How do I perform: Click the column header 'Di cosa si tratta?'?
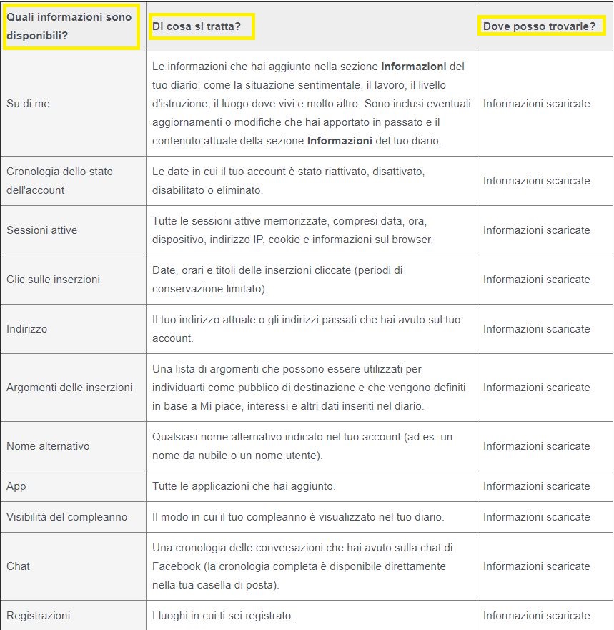(x=196, y=27)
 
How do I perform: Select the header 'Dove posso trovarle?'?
(x=539, y=26)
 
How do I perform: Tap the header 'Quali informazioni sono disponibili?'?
(x=69, y=26)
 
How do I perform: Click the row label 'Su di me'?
(x=28, y=104)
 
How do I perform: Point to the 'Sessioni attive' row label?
(x=41, y=230)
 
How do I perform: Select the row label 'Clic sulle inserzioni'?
(x=53, y=280)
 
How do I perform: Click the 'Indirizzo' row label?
(x=26, y=329)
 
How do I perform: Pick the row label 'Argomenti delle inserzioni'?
(x=69, y=388)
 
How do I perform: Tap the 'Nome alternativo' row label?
(x=48, y=446)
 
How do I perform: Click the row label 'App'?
(x=16, y=486)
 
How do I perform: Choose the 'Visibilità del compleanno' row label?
(x=66, y=517)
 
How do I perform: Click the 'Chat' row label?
(x=18, y=566)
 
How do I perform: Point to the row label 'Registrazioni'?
(x=38, y=616)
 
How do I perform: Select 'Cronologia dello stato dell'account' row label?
(x=59, y=181)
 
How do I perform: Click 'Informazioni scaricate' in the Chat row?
(x=536, y=566)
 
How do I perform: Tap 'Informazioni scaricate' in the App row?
(x=536, y=486)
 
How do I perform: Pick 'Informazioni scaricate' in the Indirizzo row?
(x=536, y=329)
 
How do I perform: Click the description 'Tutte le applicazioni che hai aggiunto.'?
(x=244, y=486)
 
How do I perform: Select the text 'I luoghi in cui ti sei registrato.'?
(x=223, y=616)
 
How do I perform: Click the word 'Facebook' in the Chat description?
(x=175, y=566)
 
